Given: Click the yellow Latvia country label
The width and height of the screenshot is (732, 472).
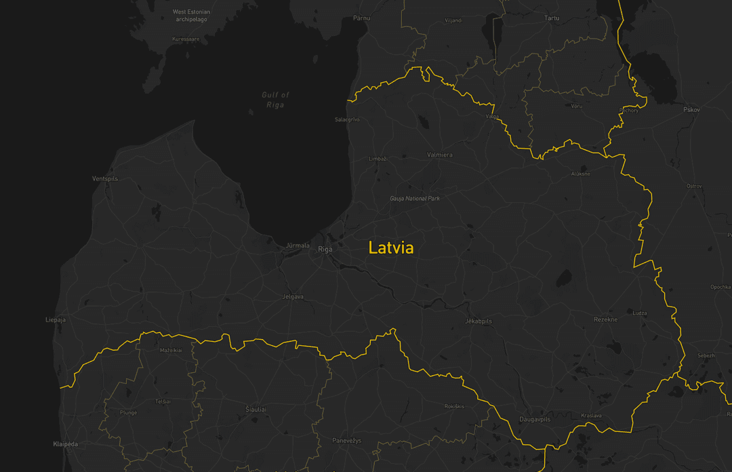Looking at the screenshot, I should (x=391, y=248).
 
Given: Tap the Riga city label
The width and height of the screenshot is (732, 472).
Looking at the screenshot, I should (x=325, y=250).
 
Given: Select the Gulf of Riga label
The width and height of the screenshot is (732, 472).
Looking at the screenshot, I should (x=276, y=100).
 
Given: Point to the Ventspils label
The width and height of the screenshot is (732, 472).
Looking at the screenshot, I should (x=105, y=178).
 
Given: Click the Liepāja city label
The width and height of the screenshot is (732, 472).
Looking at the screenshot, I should (x=56, y=319).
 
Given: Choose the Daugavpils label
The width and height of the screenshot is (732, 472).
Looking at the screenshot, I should (x=535, y=419).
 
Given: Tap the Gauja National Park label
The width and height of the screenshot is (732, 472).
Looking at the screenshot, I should (x=415, y=199).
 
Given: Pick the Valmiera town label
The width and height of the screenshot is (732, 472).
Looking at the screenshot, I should (x=440, y=155).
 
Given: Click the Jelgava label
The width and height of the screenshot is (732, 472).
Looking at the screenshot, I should (x=292, y=297).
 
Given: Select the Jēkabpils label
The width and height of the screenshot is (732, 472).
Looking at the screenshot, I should (x=479, y=321).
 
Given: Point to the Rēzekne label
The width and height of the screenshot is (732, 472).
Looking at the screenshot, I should (x=605, y=319).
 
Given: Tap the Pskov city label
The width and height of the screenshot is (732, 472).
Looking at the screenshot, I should (x=691, y=109).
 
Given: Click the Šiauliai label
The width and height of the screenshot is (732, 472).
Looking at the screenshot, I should (x=256, y=410).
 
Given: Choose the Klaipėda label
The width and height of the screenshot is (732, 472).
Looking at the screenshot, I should (x=66, y=444).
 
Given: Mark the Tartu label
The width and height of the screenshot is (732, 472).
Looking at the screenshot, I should (x=552, y=18).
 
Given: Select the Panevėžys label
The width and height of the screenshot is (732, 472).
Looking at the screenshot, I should (x=347, y=441).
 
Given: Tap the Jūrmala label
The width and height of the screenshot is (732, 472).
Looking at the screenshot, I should (x=298, y=245).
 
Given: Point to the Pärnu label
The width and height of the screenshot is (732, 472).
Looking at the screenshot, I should (x=361, y=18).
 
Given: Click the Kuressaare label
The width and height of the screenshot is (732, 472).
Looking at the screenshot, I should (x=186, y=39).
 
